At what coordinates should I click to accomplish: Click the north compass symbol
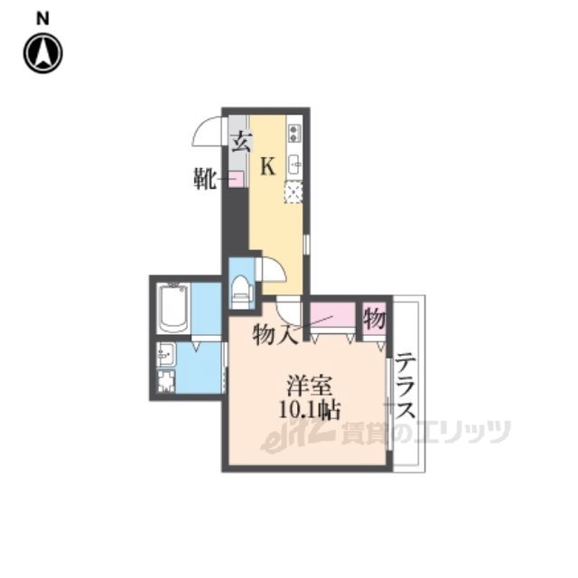[x=43, y=53]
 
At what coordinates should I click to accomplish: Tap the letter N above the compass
[x=42, y=18]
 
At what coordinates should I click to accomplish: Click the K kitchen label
[x=268, y=166]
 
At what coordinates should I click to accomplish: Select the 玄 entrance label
[x=241, y=143]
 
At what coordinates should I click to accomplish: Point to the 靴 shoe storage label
[x=205, y=179]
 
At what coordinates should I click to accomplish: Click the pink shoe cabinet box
[x=237, y=179]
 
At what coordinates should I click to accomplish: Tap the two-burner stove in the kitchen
[x=294, y=133]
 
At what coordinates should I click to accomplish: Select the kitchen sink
[x=295, y=164]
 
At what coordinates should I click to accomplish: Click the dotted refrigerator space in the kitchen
[x=294, y=192]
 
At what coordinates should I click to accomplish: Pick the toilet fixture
[x=241, y=289]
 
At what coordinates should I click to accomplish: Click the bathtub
[x=173, y=308]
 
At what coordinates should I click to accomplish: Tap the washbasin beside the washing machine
[x=165, y=355]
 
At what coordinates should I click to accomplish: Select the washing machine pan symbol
[x=166, y=381]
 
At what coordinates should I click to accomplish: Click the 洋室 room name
[x=311, y=386]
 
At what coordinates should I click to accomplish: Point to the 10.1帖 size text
[x=309, y=409]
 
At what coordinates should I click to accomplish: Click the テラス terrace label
[x=406, y=386]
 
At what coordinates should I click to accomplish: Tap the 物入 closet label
[x=275, y=335]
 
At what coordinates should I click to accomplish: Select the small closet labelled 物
[x=374, y=319]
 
